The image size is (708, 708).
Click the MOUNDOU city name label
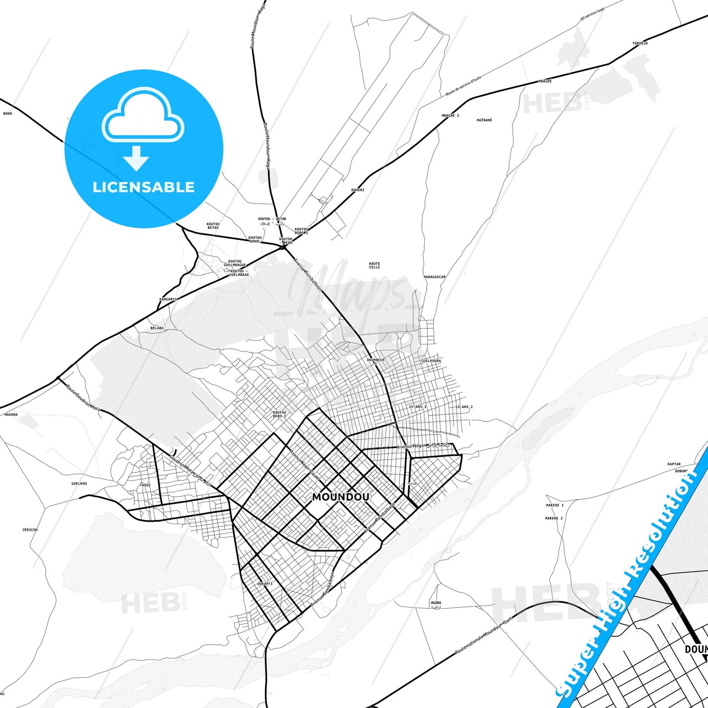(341, 497)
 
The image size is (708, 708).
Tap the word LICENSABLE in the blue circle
(144, 187)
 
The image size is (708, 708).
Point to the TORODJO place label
(640, 44)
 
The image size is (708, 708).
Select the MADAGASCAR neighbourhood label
(435, 277)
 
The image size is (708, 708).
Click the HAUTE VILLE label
(374, 265)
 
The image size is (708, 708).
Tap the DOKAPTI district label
(265, 584)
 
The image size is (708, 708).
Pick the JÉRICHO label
(30, 530)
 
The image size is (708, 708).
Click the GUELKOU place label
(79, 484)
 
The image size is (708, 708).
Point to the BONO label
(7, 114)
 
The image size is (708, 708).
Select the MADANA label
(11, 415)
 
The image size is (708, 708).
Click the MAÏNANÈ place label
(484, 120)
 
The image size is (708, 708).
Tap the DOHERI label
(358, 190)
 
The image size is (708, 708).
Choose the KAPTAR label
(674, 464)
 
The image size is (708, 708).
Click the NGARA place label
(436, 603)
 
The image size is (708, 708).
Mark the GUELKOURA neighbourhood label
(431, 361)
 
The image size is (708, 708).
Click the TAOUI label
(145, 485)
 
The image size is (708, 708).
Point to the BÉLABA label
(157, 328)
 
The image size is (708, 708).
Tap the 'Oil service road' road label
(592, 14)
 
